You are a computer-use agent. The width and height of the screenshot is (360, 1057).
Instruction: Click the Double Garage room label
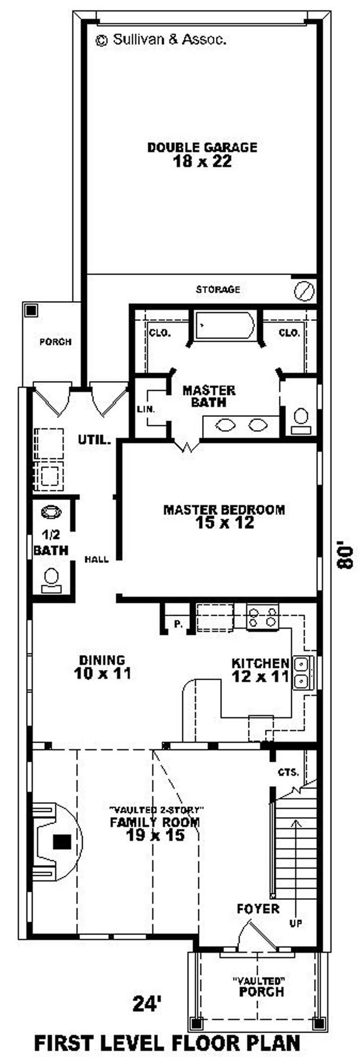(202, 154)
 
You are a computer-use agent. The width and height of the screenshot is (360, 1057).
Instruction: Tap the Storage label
(218, 289)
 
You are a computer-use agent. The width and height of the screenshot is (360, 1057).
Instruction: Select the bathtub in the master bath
(225, 325)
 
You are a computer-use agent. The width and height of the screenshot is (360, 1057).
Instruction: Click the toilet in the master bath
(300, 421)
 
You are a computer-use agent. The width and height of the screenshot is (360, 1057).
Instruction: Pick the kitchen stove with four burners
(263, 617)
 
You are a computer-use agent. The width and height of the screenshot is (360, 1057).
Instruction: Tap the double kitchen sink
(301, 673)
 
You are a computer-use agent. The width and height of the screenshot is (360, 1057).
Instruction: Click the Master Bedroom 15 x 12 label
(224, 516)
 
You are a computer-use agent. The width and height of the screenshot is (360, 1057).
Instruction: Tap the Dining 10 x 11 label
(102, 667)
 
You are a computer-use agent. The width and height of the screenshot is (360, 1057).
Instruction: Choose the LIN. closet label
(146, 409)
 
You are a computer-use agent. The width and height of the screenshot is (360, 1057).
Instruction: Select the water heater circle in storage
(303, 290)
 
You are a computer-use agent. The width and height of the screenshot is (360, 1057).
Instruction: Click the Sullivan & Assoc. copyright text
(161, 40)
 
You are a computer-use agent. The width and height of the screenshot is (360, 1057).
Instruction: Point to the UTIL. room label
(94, 440)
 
